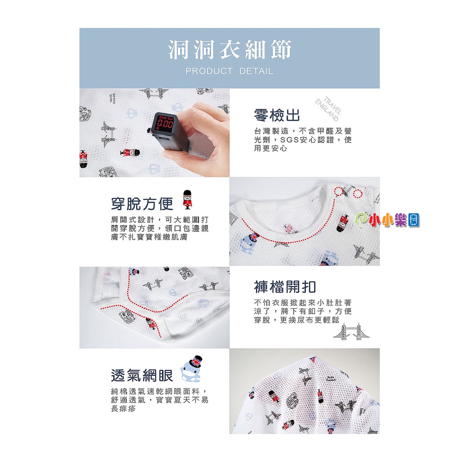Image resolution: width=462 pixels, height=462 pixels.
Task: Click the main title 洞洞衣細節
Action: coord(230,49)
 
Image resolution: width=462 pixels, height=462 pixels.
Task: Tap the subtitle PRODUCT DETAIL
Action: coord(229,71)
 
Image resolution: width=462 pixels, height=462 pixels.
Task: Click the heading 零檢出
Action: coord(277,115)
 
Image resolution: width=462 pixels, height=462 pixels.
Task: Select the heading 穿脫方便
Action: coord(142,203)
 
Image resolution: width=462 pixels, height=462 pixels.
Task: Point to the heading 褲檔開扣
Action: coord(285,286)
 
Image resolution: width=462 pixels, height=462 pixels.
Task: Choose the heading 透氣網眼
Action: coord(142,375)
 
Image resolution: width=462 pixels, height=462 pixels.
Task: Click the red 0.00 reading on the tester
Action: coord(166,124)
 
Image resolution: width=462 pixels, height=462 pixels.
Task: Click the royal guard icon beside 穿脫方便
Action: coord(187,199)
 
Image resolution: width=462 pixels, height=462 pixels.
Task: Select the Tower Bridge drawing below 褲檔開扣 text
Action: coord(351,332)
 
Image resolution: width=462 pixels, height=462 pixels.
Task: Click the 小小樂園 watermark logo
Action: coord(388,220)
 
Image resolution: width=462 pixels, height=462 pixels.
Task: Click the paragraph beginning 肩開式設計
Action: coord(160,228)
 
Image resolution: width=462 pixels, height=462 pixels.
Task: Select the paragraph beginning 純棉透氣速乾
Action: coord(160,400)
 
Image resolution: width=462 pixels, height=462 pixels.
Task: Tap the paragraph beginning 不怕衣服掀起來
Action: coord(303,311)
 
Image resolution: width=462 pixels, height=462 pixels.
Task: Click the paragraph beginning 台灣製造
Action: coord(303,140)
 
